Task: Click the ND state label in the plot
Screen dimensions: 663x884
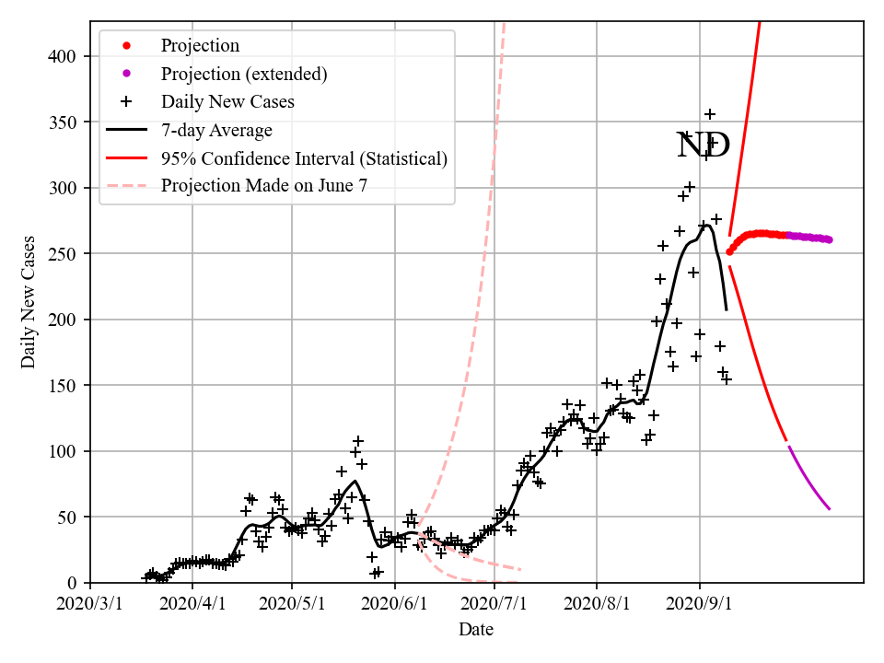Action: tap(704, 145)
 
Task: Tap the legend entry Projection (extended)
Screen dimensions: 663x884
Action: tap(244, 74)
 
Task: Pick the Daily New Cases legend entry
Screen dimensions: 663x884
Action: tap(227, 101)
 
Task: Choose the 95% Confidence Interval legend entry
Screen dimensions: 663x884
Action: tap(304, 158)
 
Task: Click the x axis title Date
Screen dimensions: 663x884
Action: tap(476, 631)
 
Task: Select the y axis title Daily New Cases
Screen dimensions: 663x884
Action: tap(29, 301)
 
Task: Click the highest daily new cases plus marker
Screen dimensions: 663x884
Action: tap(710, 114)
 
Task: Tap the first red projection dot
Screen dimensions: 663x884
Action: tap(729, 251)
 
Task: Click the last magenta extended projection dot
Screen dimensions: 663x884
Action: tap(829, 239)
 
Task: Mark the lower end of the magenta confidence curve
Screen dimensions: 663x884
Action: tap(829, 508)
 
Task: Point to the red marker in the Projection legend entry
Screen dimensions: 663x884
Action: tap(127, 45)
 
